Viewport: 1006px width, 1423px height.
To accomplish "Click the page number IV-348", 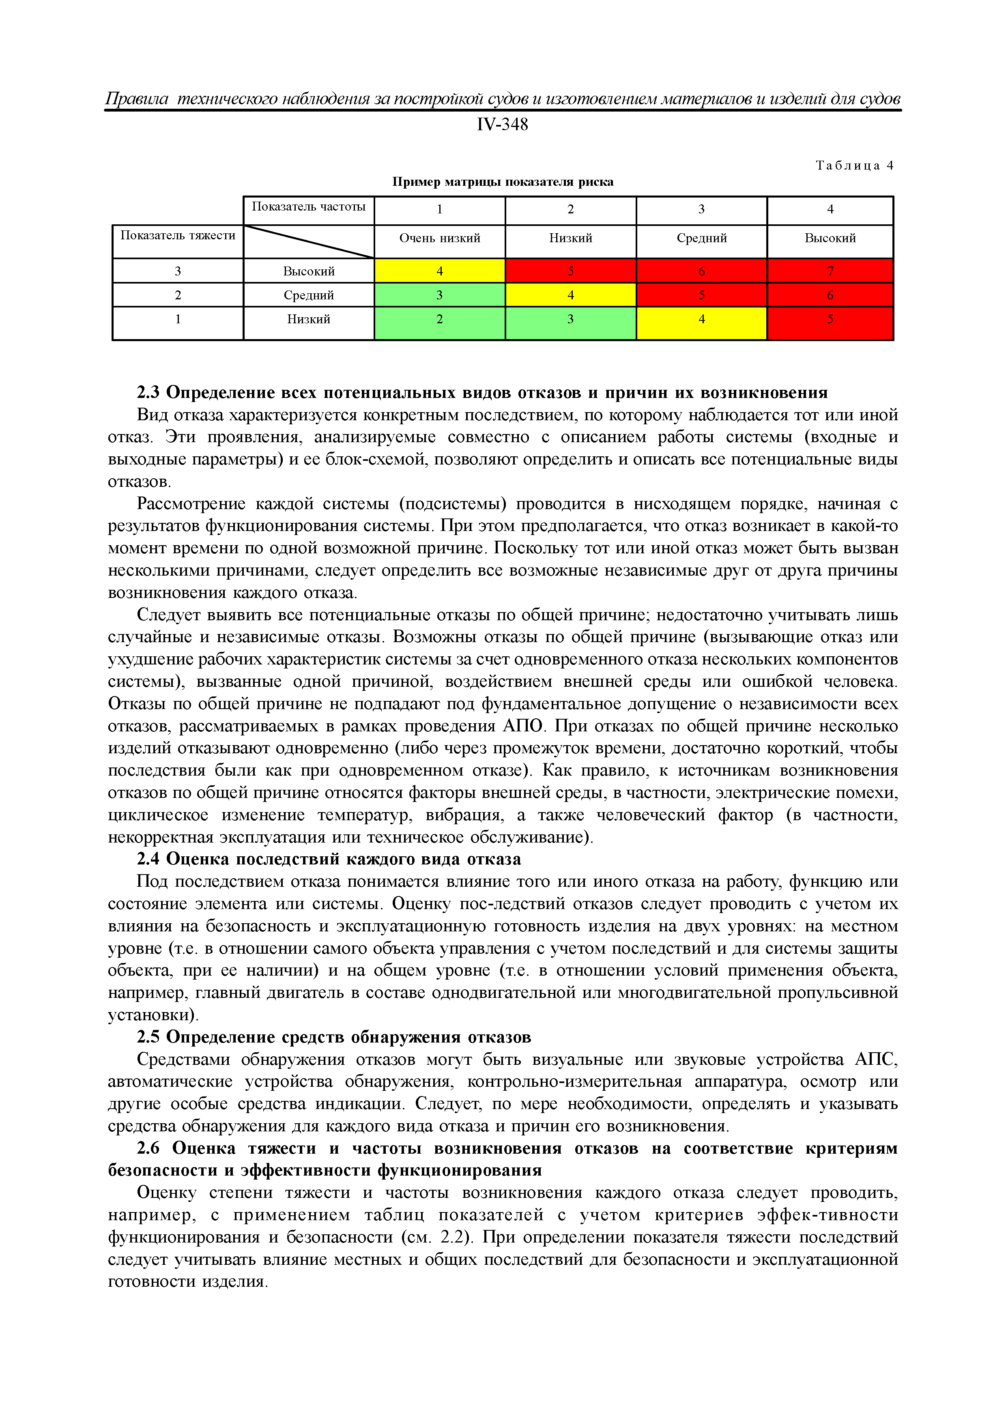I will tap(502, 125).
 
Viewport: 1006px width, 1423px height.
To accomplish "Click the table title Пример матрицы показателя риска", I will tap(503, 182).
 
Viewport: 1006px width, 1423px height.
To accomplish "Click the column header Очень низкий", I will tap(439, 238).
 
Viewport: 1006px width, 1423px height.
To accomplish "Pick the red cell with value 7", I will tap(830, 271).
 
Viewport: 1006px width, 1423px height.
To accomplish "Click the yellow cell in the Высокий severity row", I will tap(439, 271).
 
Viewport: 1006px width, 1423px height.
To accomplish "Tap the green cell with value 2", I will tap(439, 320).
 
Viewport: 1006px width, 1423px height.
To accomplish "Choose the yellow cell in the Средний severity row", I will tap(570, 295).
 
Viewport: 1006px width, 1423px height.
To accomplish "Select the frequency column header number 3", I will tap(701, 209).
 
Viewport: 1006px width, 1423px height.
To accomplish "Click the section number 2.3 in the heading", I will tap(148, 392).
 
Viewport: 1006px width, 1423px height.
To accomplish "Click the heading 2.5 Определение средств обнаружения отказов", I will tap(333, 1037).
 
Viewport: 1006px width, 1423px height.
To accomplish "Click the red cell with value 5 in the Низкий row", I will tap(830, 320).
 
